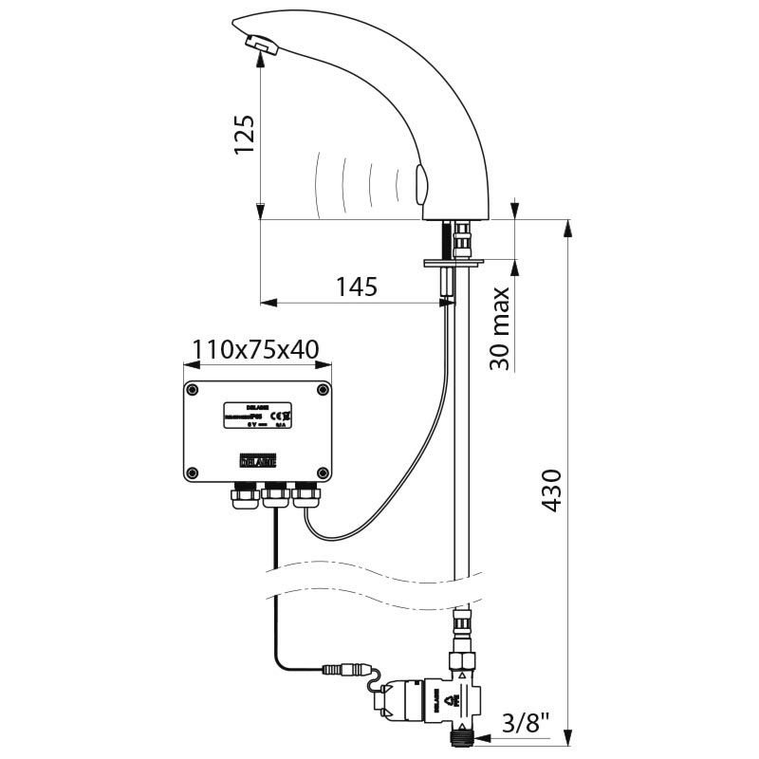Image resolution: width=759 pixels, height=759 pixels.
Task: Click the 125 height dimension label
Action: pos(244,137)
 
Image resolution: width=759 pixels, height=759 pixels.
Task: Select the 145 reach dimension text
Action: pos(356,287)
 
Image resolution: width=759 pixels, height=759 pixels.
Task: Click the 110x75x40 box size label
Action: pos(255,350)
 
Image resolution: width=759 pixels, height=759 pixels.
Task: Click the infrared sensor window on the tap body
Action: pos(421,182)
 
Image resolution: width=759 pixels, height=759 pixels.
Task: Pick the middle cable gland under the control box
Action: pos(274,492)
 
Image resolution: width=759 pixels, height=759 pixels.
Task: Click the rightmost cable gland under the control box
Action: pos(305,493)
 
